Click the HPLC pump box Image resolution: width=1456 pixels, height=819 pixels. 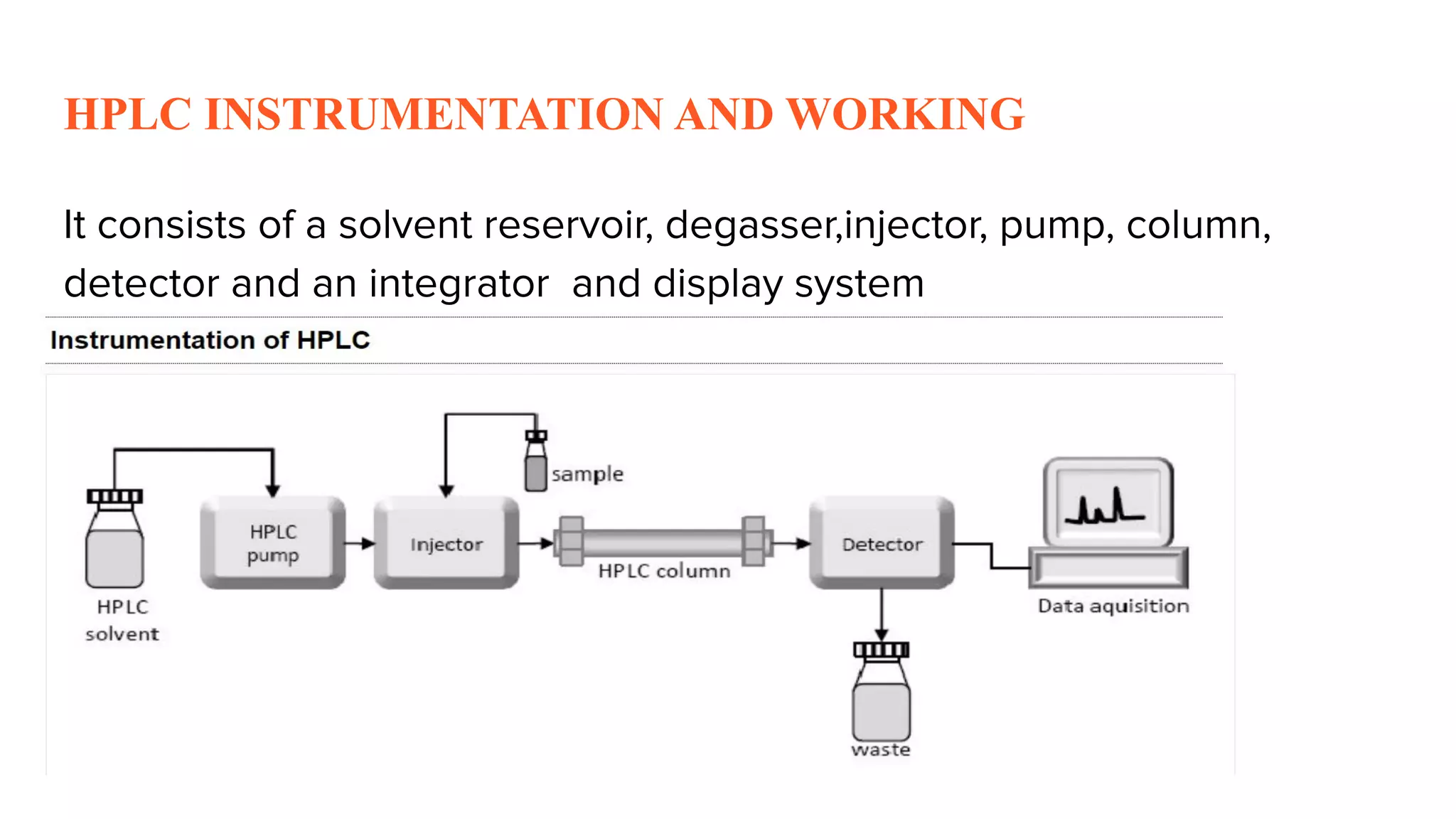(x=273, y=543)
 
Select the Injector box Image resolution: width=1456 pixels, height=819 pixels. (x=446, y=543)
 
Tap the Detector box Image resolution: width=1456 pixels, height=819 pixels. (x=882, y=543)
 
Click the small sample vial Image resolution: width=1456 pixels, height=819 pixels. (x=536, y=469)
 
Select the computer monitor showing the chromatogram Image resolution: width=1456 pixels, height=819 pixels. (x=1108, y=502)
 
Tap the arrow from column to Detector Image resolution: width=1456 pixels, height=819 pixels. (x=792, y=544)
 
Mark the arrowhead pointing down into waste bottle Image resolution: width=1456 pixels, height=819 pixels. (x=882, y=634)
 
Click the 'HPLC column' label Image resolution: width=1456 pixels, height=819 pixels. (x=664, y=571)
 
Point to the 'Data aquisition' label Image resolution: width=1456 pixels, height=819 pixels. (x=1113, y=606)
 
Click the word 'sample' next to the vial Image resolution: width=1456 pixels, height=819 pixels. (x=587, y=474)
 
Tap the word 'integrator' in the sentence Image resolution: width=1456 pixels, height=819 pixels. (x=459, y=284)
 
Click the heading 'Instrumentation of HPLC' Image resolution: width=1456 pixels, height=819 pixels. (x=210, y=340)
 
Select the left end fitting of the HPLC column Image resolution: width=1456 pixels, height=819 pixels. (x=570, y=542)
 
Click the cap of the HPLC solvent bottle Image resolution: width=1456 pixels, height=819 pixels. (x=114, y=496)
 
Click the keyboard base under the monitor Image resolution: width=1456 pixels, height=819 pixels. (x=1108, y=568)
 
